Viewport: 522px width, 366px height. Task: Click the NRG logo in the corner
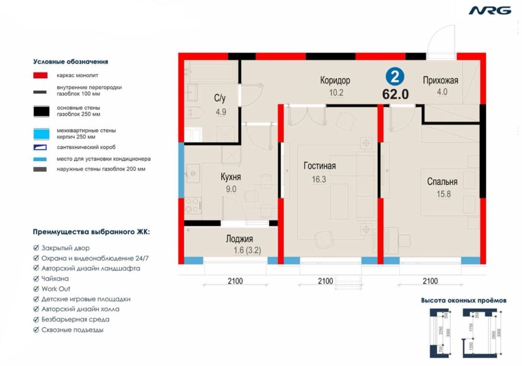pos(490,10)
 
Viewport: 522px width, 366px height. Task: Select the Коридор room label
pos(335,80)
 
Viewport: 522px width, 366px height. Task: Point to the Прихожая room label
pos(440,80)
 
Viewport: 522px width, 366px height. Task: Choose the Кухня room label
pos(230,177)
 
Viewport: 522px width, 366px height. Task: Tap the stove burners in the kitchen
pos(192,205)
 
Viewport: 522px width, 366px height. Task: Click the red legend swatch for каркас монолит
pos(40,75)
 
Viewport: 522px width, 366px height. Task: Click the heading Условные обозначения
pos(70,61)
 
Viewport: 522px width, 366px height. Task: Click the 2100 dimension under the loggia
pos(235,281)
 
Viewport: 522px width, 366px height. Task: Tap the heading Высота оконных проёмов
pos(463,301)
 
